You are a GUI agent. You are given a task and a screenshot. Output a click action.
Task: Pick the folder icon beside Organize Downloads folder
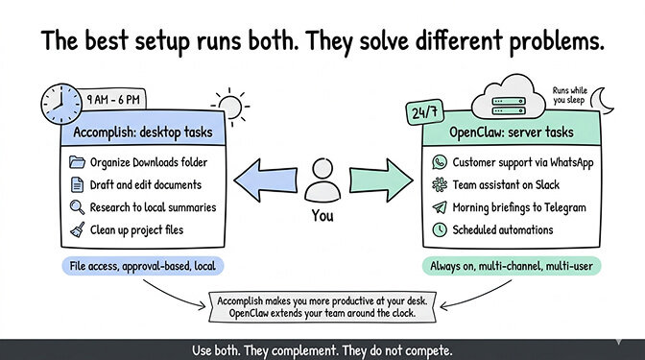78,161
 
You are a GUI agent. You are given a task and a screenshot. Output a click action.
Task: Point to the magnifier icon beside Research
78,206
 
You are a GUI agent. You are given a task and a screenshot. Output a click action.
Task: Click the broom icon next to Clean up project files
78,229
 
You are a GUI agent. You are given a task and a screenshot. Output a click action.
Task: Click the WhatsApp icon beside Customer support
440,162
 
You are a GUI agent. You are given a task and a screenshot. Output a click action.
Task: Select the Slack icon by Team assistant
440,184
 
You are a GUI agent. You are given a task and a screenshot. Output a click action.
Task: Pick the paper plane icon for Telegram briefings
440,206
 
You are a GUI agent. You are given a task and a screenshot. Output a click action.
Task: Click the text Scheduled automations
504,229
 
